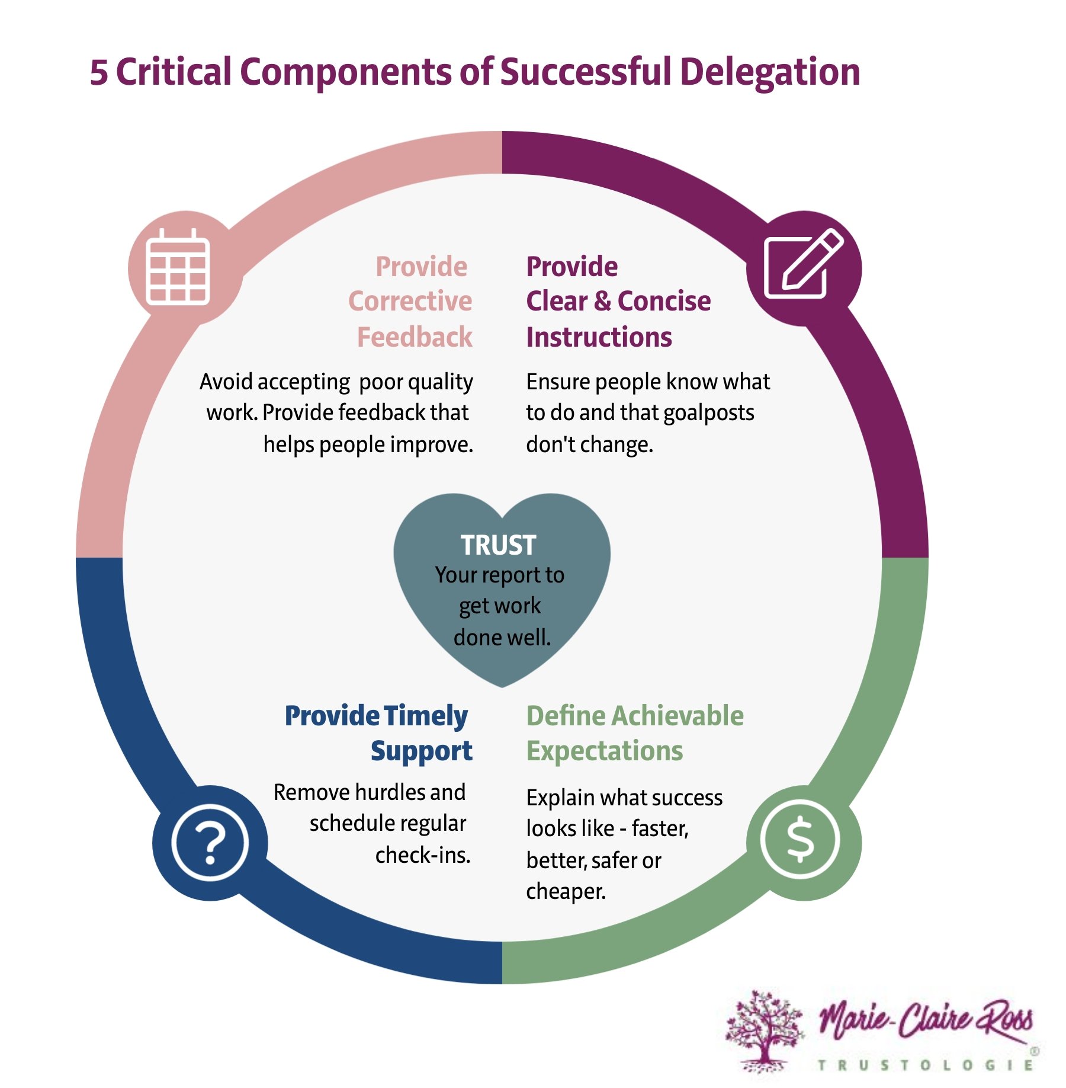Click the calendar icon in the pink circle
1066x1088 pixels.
point(178,268)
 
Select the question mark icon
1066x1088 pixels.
point(210,843)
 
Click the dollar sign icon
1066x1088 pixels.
point(801,839)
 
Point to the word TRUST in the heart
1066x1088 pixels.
point(498,545)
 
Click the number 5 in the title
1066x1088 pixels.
point(99,73)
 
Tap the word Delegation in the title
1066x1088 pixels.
point(769,73)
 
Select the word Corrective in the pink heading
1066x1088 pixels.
point(410,301)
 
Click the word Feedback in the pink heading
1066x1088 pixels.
point(415,337)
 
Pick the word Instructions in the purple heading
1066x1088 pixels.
point(599,337)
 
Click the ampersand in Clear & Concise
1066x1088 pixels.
point(602,301)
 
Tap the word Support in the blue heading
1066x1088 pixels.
point(421,751)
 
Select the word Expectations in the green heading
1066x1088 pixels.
point(604,751)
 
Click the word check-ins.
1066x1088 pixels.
point(422,855)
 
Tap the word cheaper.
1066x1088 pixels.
point(565,891)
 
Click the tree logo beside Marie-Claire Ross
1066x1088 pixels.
point(764,1031)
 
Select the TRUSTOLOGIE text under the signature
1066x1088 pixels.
point(925,1065)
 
